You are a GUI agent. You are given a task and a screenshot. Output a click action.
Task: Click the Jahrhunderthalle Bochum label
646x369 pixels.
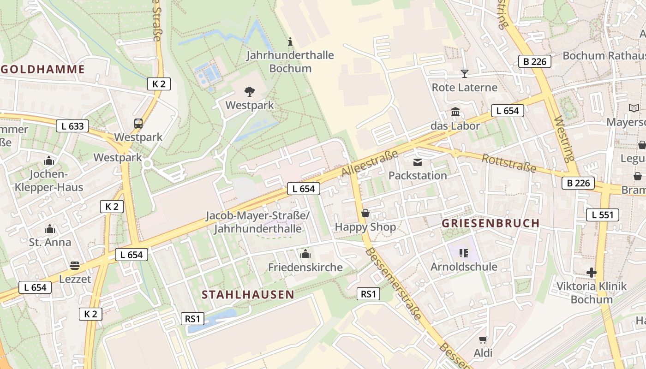click(x=290, y=62)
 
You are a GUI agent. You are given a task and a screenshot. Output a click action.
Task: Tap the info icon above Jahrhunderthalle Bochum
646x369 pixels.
click(x=290, y=42)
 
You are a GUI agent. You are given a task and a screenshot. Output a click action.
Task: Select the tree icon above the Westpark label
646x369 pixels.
click(x=250, y=91)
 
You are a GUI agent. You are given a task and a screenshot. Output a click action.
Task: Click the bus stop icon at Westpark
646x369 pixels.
click(x=138, y=123)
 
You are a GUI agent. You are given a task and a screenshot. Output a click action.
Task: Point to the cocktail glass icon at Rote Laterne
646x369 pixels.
click(x=464, y=74)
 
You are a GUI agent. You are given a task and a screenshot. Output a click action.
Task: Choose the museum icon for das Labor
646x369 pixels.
click(x=455, y=112)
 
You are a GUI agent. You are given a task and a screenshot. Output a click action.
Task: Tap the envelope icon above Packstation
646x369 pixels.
click(x=418, y=162)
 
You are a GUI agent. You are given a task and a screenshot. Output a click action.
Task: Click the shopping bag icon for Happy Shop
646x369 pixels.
click(x=365, y=213)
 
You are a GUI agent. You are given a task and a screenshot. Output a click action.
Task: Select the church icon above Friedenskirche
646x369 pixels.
click(x=305, y=254)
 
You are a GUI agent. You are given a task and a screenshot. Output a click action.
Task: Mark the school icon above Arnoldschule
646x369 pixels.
click(x=464, y=253)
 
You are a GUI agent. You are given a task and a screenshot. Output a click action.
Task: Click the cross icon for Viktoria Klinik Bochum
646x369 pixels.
click(x=592, y=273)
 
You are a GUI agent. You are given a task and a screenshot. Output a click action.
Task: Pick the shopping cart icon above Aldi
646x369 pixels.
click(x=483, y=340)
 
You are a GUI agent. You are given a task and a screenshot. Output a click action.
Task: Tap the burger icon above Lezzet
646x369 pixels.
click(x=75, y=266)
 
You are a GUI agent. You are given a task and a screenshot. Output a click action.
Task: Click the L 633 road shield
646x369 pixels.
click(x=72, y=126)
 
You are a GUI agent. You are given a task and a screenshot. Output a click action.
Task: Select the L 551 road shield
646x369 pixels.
click(x=603, y=214)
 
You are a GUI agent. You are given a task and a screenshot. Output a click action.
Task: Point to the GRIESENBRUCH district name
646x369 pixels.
click(x=490, y=223)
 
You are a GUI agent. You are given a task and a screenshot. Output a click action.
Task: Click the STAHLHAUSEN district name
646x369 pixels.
click(x=248, y=295)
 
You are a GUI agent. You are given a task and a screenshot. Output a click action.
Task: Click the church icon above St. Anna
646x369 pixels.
click(x=50, y=229)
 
